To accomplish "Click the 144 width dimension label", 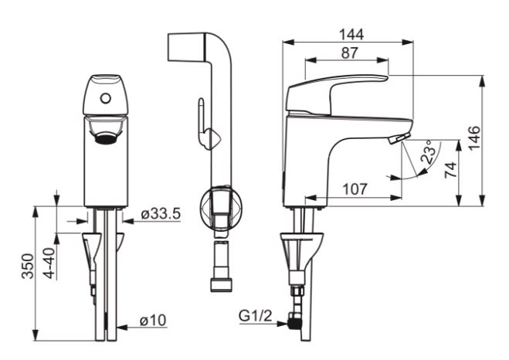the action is pyautogui.click(x=351, y=35).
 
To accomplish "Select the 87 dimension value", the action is pyautogui.click(x=349, y=53).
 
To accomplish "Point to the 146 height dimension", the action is pyautogui.click(x=474, y=138).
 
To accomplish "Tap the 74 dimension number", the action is pyautogui.click(x=450, y=170).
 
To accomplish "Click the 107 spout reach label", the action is pyautogui.click(x=355, y=189).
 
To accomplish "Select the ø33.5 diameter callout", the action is pyautogui.click(x=161, y=214).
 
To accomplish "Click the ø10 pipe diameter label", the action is pyautogui.click(x=153, y=321).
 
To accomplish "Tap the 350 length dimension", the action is pyautogui.click(x=28, y=267).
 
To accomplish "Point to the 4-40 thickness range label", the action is pyautogui.click(x=49, y=263).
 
